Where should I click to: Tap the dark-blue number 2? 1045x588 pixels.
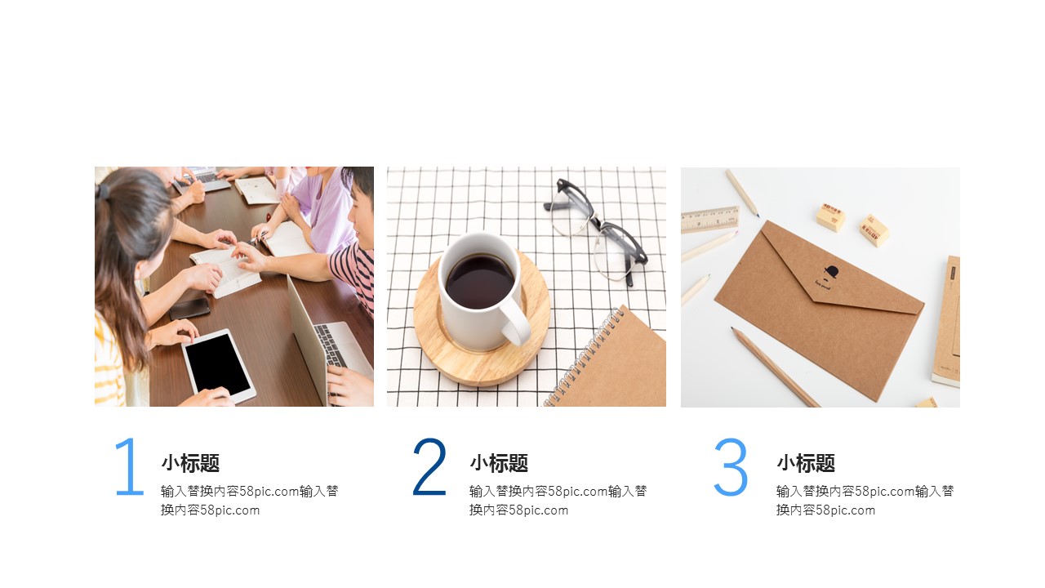pyautogui.click(x=429, y=466)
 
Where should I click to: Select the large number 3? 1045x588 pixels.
pyautogui.click(x=731, y=466)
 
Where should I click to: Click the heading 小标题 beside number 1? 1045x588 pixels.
pyautogui.click(x=190, y=463)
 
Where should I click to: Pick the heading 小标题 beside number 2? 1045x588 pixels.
pyautogui.click(x=499, y=463)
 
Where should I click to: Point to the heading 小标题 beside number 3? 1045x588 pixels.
pyautogui.click(x=806, y=463)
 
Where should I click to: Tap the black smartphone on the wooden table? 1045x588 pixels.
pyautogui.click(x=189, y=309)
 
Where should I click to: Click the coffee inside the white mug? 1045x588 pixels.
pyautogui.click(x=480, y=282)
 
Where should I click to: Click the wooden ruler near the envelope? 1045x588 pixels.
pyautogui.click(x=710, y=220)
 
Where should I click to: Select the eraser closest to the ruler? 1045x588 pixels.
pyautogui.click(x=830, y=216)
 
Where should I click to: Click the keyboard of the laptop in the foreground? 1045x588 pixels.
pyautogui.click(x=331, y=345)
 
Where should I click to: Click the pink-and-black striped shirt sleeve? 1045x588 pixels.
pyautogui.click(x=352, y=270)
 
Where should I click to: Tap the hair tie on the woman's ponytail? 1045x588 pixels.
pyautogui.click(x=102, y=191)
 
